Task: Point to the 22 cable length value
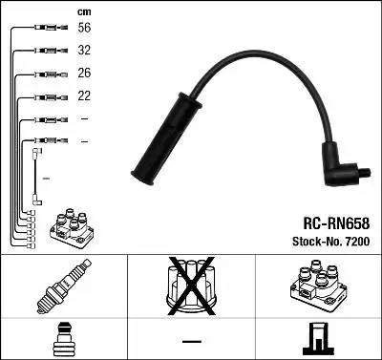[85, 95]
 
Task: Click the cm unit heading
[83, 11]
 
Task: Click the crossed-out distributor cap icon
[192, 286]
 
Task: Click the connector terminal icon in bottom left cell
[64, 339]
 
